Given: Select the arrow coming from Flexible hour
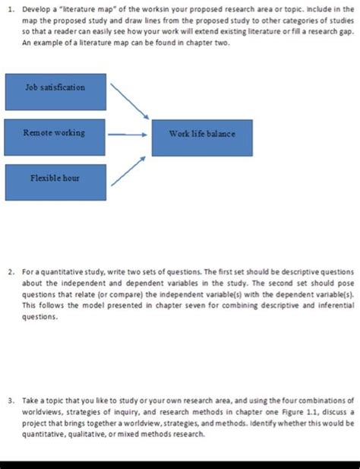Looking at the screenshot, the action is (x=128, y=172).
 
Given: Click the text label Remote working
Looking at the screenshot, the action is (x=54, y=133).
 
